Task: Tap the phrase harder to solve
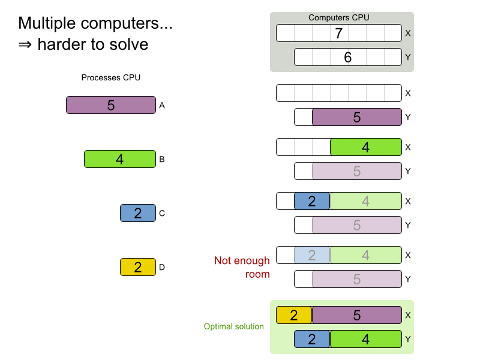pos(92,44)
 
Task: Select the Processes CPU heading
pos(111,77)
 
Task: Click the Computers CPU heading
pos(338,17)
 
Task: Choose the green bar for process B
pos(120,159)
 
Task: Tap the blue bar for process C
pos(138,213)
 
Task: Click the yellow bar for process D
pos(138,267)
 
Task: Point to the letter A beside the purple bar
pos(162,105)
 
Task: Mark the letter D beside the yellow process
pos(162,267)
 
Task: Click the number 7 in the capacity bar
pos(338,33)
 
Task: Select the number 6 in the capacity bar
pos(347,57)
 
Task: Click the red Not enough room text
pos(242,268)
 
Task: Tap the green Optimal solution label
pos(233,326)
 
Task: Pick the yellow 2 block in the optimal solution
pos(294,315)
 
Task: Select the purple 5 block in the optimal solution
pos(357,315)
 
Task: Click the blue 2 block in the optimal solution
pos(312,339)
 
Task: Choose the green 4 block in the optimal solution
pos(366,339)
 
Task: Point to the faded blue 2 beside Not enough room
pos(312,255)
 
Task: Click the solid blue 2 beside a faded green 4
pos(312,201)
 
